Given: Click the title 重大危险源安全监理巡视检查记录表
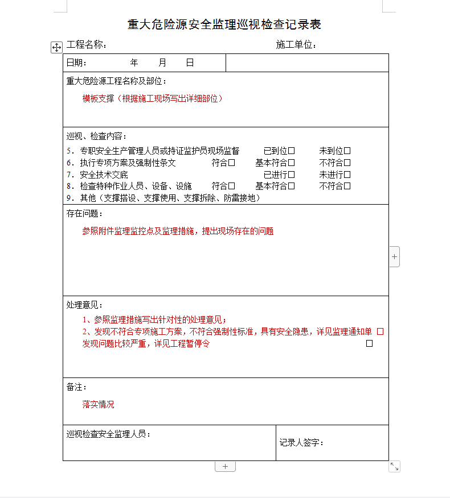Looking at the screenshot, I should (x=224, y=24).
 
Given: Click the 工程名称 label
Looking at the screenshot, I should (x=87, y=45).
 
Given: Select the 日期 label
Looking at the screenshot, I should (x=76, y=63).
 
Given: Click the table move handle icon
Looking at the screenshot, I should (x=56, y=47).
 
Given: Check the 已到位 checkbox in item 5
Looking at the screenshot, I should (x=291, y=151).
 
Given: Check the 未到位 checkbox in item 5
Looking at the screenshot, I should (x=347, y=151).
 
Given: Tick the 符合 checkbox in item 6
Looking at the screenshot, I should (x=231, y=163).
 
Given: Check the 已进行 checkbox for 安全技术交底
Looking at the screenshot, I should (x=291, y=175).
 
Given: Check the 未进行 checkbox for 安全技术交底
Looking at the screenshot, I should (x=347, y=175).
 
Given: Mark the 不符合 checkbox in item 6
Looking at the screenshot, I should (x=347, y=163).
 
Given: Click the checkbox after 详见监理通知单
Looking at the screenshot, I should (x=381, y=331).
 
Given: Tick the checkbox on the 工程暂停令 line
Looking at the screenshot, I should (x=369, y=343).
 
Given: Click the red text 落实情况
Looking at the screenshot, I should (x=98, y=405).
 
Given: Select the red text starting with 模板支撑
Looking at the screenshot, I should (x=152, y=98).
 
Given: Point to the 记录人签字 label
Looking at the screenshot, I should (x=301, y=442).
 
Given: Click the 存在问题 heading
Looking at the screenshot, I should (x=85, y=214).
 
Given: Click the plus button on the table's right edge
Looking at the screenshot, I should (x=394, y=256).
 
